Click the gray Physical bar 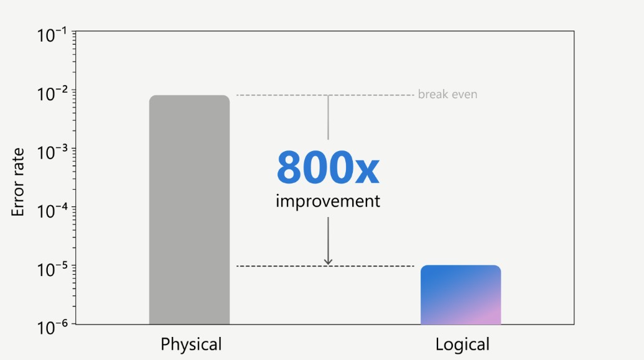tap(189, 210)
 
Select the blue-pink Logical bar tap(461, 295)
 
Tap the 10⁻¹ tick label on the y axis tap(52, 35)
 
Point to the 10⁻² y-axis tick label tap(52, 94)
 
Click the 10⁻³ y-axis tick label tap(52, 152)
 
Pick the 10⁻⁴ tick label tap(52, 211)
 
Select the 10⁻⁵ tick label tap(52, 269)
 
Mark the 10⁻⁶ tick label tap(52, 328)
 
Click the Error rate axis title tap(17, 182)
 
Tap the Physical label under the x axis tap(191, 344)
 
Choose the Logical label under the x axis tap(462, 344)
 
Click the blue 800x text tap(328, 167)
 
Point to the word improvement tap(328, 201)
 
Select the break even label tap(447, 95)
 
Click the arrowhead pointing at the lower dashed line tap(328, 262)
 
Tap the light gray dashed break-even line tap(325, 95)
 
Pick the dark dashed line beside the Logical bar tap(325, 266)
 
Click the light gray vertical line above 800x tap(328, 118)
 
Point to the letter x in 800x tap(366, 172)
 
